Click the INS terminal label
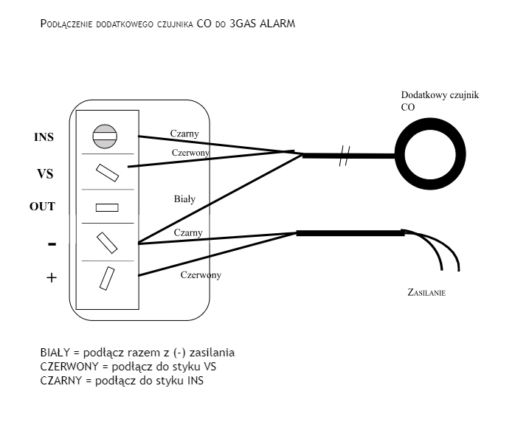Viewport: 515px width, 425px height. [44, 137]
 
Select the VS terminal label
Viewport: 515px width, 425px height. [44, 174]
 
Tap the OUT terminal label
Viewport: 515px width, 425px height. [42, 207]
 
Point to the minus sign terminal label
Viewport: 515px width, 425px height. [52, 244]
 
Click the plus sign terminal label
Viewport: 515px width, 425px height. [51, 278]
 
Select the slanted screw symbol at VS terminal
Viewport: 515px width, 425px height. [107, 172]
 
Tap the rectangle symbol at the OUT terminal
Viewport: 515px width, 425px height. [106, 207]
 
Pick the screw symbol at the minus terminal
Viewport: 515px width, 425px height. [107, 241]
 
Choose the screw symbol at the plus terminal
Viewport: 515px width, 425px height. [107, 277]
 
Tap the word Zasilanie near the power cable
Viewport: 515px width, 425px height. [426, 293]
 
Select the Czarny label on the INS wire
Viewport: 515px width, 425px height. [184, 134]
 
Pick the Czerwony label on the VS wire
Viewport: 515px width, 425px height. [190, 152]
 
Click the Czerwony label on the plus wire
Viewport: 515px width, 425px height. [201, 274]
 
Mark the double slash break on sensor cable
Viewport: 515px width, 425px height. [343, 156]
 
